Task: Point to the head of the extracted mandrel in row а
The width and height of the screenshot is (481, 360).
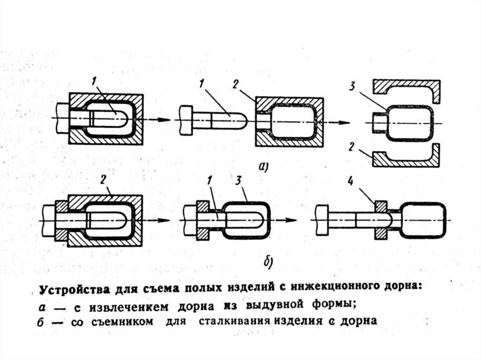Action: coord(186,120)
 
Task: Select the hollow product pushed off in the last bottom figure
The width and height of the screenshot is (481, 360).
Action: coord(423,220)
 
